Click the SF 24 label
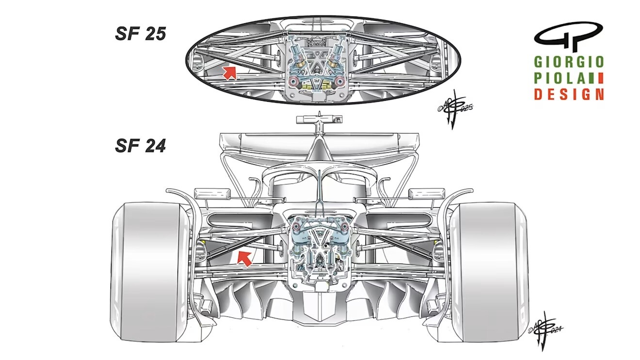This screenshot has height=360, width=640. point(141,145)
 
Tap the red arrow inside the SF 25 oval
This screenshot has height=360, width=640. point(230,72)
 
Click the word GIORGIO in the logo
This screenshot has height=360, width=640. point(569,62)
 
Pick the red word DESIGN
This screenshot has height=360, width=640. point(569,94)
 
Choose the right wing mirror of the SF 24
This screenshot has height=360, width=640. point(419,193)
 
